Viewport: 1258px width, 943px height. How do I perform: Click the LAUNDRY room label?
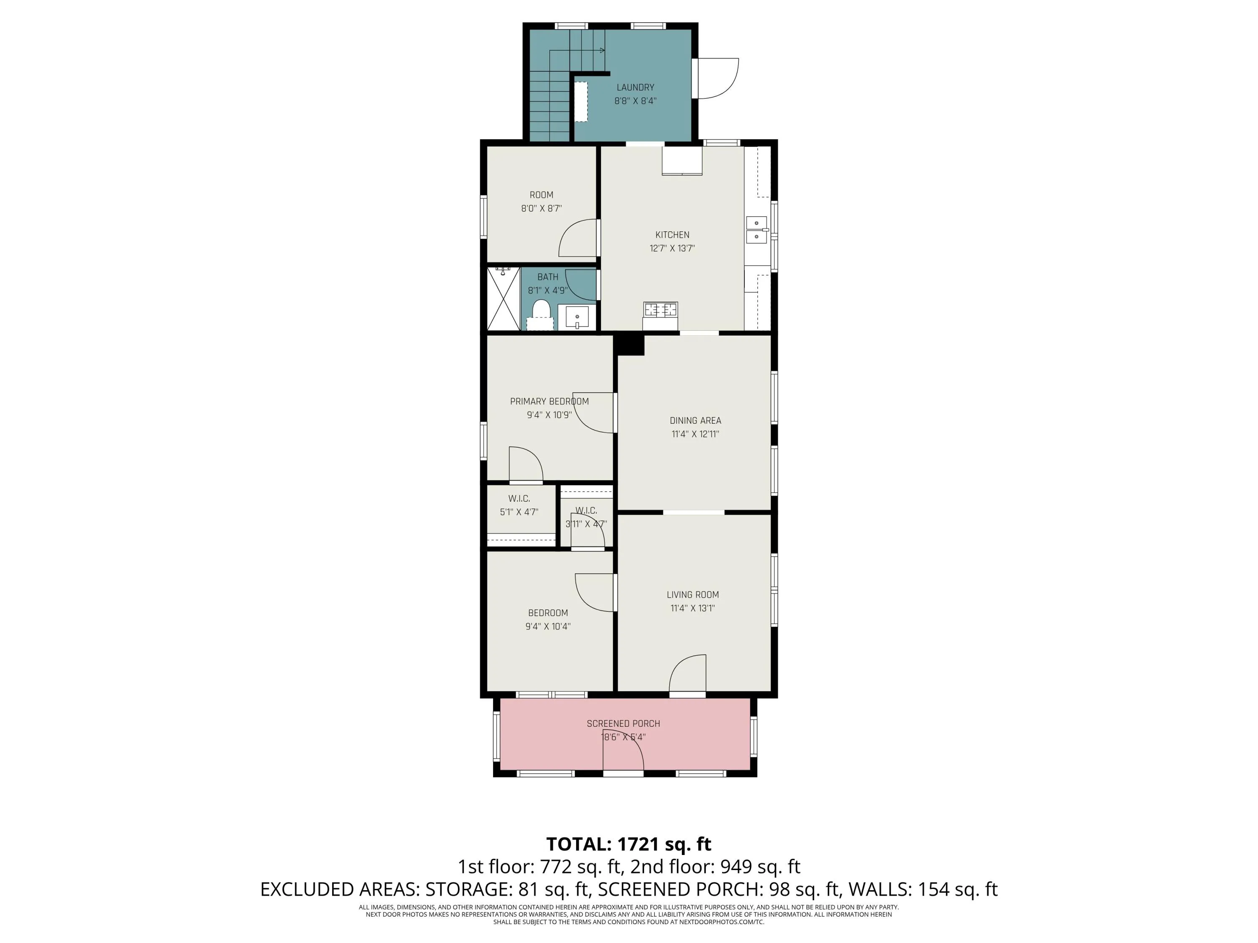pyautogui.click(x=635, y=88)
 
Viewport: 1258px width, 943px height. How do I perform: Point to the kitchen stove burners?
pyautogui.click(x=660, y=310)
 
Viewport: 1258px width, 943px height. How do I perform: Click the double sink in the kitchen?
pyautogui.click(x=756, y=229)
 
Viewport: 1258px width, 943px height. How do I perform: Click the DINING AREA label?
pyautogui.click(x=695, y=421)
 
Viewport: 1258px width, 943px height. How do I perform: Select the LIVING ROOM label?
pyautogui.click(x=693, y=595)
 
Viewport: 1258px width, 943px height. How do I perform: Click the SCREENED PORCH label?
pyautogui.click(x=623, y=723)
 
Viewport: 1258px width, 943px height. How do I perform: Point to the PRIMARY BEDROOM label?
pyautogui.click(x=549, y=402)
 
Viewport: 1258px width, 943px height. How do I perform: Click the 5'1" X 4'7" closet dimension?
pyautogui.click(x=519, y=512)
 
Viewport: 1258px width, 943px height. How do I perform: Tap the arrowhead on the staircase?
pyautogui.click(x=602, y=51)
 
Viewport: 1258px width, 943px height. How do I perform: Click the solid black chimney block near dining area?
pyautogui.click(x=631, y=345)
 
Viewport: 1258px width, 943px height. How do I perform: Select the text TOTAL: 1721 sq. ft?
pyautogui.click(x=629, y=844)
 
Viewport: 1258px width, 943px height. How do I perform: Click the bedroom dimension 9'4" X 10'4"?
pyautogui.click(x=548, y=627)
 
